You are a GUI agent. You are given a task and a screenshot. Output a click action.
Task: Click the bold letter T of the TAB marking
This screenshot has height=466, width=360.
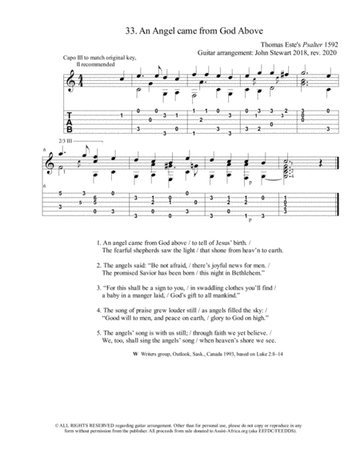point(70,115)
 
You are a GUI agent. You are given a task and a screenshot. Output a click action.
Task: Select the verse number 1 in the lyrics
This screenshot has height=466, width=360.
point(97,242)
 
